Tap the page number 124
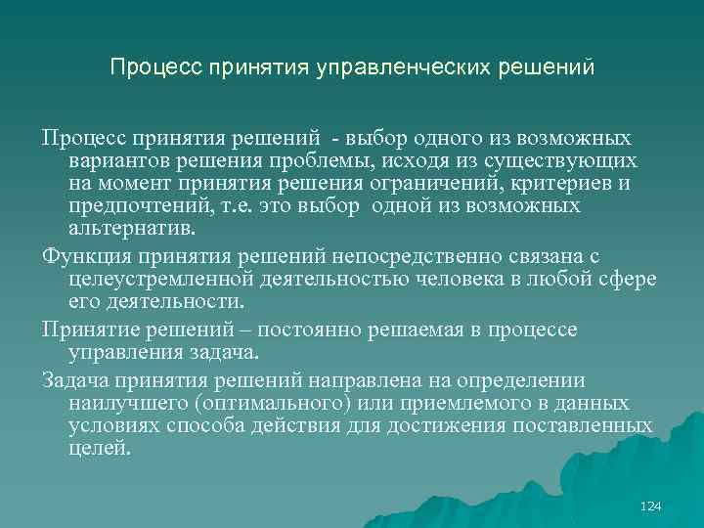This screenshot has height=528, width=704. click(650, 506)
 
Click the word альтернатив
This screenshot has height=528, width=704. click(131, 230)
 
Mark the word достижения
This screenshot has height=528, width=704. click(468, 426)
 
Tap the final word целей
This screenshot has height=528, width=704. click(99, 450)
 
